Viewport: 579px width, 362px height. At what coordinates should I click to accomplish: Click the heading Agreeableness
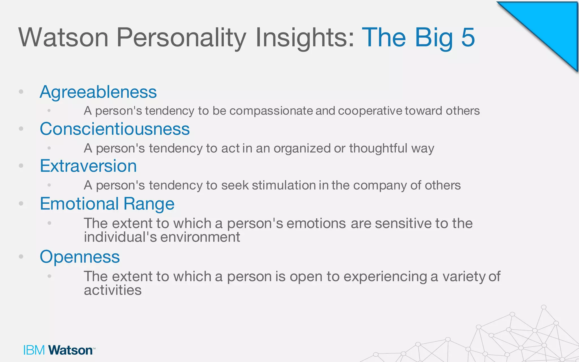click(98, 92)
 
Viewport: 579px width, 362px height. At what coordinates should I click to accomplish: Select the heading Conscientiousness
click(114, 129)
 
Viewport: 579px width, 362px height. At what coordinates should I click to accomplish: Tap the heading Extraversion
click(88, 166)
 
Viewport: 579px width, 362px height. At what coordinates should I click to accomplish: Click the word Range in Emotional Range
click(149, 204)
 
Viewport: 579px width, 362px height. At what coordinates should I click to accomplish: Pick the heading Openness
click(80, 257)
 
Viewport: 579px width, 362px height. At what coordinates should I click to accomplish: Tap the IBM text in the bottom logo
click(34, 350)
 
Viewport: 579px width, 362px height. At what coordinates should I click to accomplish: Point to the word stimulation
click(284, 186)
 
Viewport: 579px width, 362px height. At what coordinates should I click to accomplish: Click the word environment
click(200, 237)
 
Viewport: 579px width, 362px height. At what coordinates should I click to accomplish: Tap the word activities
click(113, 290)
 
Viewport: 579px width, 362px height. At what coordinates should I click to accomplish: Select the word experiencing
click(385, 277)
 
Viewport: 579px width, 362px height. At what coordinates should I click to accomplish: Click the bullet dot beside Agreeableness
click(21, 92)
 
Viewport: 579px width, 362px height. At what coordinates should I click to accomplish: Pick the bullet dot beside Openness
click(21, 257)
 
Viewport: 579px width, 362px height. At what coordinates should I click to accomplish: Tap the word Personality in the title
click(181, 37)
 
